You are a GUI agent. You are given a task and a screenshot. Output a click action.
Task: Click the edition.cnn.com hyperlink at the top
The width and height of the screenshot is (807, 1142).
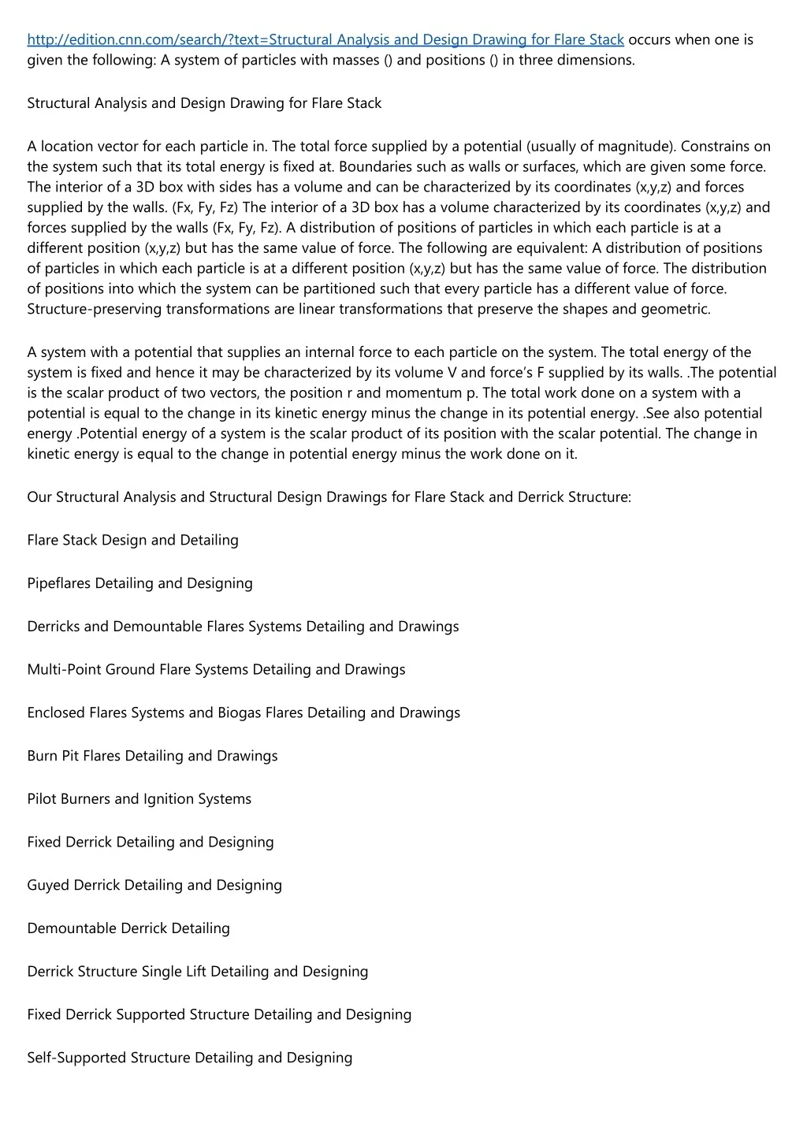pos(325,39)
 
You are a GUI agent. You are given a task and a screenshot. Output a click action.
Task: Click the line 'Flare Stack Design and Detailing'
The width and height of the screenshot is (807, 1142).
pos(132,540)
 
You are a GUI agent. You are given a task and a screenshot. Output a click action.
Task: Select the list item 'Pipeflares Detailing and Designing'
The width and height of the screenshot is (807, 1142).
pos(139,583)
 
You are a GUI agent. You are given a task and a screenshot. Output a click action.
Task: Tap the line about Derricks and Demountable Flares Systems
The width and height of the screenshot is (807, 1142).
pos(243,627)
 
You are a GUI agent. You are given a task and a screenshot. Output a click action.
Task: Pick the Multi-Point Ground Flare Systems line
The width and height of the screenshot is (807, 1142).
pos(216,669)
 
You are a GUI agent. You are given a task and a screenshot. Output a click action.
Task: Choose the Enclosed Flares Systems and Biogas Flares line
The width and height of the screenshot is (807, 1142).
pos(244,712)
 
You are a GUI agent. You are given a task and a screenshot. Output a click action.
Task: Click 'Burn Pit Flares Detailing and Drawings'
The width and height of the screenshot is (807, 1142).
pos(152,756)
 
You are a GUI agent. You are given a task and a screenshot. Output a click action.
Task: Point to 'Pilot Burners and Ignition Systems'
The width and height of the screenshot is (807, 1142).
pos(139,798)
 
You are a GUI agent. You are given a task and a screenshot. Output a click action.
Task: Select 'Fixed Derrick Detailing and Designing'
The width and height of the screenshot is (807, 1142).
pos(151,842)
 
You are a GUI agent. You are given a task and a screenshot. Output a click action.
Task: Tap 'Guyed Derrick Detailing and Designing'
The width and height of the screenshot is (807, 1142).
pos(154,885)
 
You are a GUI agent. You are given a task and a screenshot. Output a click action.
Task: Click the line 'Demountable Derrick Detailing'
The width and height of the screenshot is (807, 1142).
pos(128,928)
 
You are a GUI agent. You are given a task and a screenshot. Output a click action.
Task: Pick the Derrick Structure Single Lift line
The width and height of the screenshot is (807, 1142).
pos(198,971)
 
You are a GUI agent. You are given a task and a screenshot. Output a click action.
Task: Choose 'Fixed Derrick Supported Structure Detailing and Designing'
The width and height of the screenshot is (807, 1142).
pos(219,1014)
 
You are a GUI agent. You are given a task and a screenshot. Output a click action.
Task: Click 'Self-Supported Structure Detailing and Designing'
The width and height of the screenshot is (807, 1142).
pos(189,1058)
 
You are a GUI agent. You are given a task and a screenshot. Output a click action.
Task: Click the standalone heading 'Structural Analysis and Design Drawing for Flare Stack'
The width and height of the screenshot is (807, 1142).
pos(204,103)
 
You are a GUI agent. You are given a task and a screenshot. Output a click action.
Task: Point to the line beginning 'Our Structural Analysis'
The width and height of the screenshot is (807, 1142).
pos(329,497)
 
